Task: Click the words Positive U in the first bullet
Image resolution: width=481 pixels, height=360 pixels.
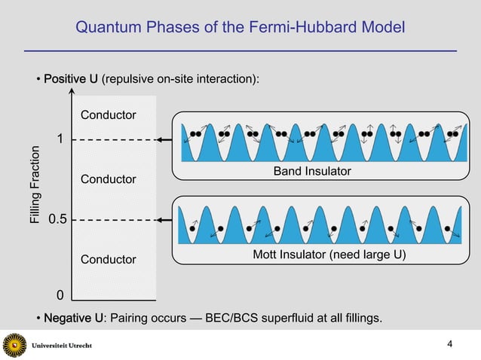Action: [71, 80]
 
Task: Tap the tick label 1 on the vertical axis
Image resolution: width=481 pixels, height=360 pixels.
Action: [60, 140]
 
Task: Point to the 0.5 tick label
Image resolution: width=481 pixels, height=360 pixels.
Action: [57, 220]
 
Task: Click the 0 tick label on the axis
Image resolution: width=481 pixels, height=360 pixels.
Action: [60, 294]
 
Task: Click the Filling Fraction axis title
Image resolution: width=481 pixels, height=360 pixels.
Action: [34, 190]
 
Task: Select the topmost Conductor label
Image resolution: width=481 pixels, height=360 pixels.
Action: [109, 115]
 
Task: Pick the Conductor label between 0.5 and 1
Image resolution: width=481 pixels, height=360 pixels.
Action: [109, 179]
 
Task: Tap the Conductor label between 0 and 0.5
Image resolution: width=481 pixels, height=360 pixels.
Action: [109, 260]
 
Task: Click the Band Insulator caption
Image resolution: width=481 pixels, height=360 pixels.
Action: [312, 172]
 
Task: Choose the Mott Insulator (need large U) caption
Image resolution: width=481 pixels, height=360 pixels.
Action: [329, 255]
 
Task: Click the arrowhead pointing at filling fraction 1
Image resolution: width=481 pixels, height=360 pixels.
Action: [161, 140]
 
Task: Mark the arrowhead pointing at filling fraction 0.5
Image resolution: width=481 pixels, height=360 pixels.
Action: [161, 220]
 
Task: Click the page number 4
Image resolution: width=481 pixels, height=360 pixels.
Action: [450, 345]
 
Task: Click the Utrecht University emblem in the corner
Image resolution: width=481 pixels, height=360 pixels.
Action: [14, 346]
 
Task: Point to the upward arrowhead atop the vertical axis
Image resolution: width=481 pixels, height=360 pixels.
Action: [72, 94]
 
